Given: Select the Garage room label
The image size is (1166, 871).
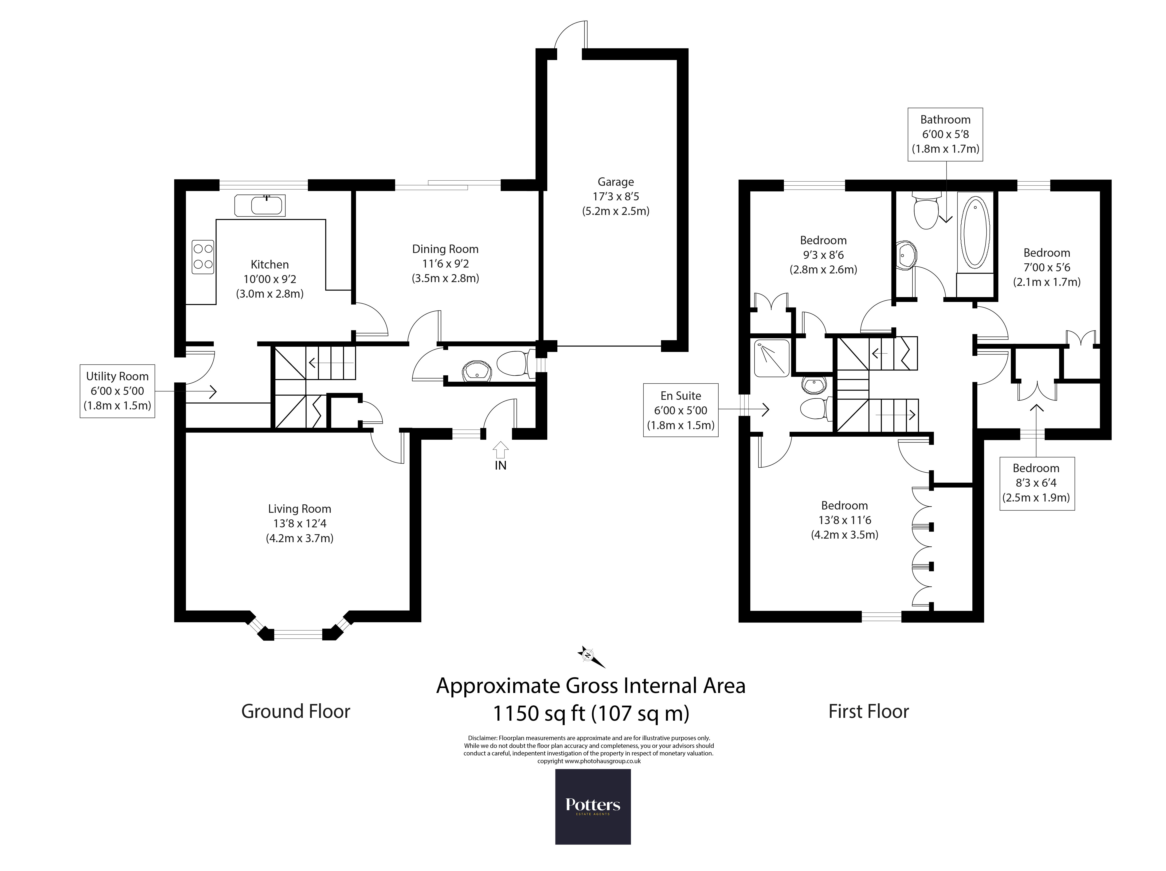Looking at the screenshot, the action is (x=616, y=182).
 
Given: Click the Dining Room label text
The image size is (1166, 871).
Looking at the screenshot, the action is (x=446, y=249).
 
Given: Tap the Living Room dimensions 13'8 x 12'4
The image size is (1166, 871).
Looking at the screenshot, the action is (x=299, y=523).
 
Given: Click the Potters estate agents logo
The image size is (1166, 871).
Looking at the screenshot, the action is (x=593, y=807).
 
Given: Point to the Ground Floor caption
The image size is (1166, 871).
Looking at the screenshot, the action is (x=296, y=711).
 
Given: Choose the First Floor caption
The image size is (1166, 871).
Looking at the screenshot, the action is (x=869, y=711).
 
